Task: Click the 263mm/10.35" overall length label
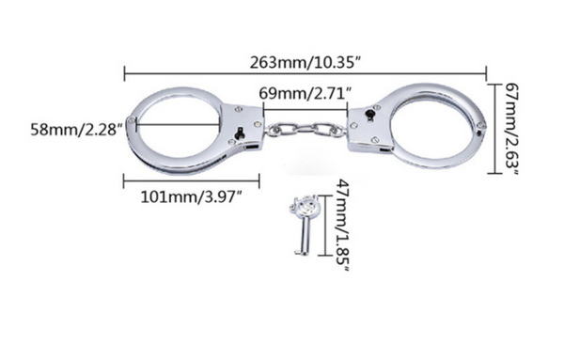click(305, 63)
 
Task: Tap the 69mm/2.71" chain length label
click(305, 93)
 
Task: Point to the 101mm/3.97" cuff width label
click(191, 197)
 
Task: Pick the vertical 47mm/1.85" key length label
click(342, 225)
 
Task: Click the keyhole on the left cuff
click(239, 133)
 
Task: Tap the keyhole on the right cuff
click(369, 115)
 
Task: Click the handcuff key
click(303, 225)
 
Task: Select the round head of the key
click(304, 206)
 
